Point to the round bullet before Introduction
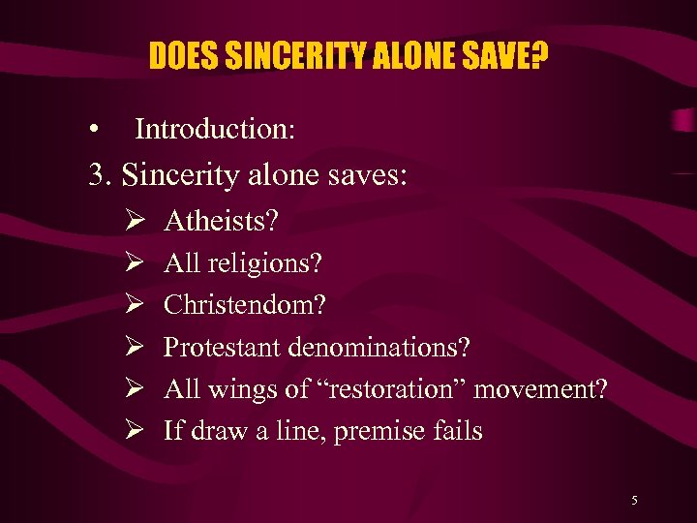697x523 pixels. point(92,130)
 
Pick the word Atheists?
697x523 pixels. point(222,221)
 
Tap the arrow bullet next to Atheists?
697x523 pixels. point(135,221)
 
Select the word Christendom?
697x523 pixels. point(245,305)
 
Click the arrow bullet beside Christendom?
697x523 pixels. point(135,305)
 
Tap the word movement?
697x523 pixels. point(541,388)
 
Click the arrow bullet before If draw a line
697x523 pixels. point(135,430)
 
